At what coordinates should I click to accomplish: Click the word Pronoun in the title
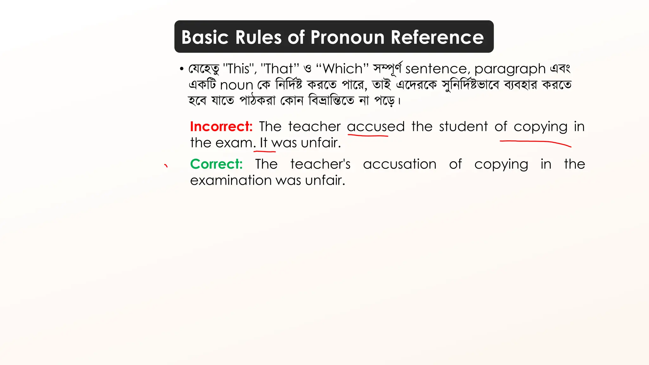point(348,37)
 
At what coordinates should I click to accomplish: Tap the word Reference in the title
point(437,37)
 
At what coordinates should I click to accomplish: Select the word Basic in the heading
point(205,37)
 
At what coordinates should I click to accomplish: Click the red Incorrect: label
point(221,126)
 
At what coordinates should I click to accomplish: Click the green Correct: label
point(216,164)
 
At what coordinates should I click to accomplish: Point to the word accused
point(376,127)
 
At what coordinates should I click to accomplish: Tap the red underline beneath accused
point(368,136)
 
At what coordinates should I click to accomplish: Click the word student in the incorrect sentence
point(463,126)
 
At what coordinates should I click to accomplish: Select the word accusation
point(400,164)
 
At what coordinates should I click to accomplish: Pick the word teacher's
point(320,164)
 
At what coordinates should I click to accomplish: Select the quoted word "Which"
point(342,69)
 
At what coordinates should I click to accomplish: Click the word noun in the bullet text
point(236,85)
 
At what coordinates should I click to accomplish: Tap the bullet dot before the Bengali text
point(182,69)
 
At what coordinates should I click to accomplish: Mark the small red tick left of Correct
point(166,165)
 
